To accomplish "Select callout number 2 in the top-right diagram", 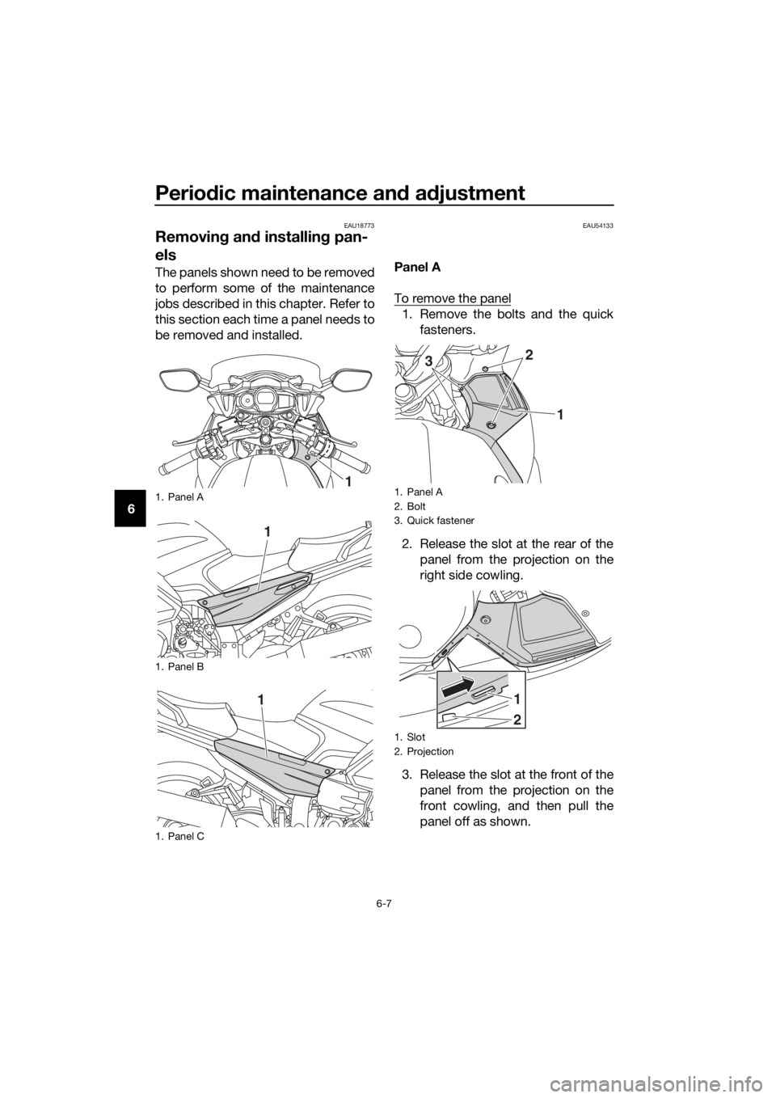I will [x=529, y=355].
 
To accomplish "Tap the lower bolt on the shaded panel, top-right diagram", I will [x=491, y=424].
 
